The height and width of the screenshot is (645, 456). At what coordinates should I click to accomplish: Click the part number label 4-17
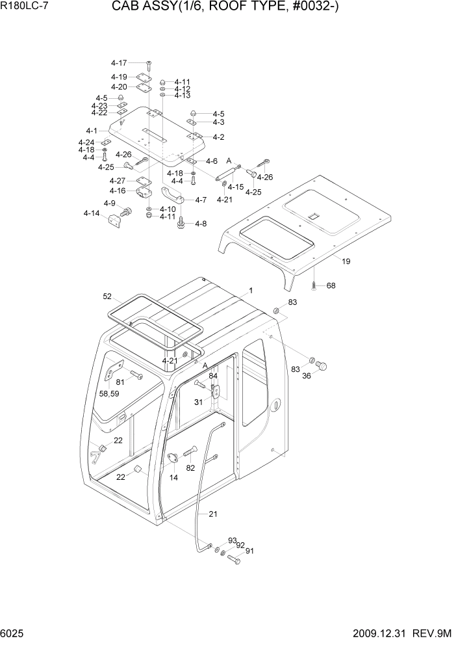tap(119, 63)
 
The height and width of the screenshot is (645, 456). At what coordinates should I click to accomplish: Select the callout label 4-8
tap(200, 224)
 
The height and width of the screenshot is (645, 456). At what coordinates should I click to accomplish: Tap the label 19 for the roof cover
tap(346, 261)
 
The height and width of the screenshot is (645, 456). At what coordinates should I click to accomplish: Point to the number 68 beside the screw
tap(331, 285)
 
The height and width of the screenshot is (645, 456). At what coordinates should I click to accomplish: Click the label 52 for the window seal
tap(108, 296)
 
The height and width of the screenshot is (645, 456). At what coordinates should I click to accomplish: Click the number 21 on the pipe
tap(213, 514)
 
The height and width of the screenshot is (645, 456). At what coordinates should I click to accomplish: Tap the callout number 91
tap(249, 551)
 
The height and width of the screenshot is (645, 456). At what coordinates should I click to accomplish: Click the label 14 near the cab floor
tap(174, 477)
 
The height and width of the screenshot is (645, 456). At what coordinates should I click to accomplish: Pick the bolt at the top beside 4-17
tap(149, 64)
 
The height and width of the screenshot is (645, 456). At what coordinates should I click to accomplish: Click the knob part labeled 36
tap(320, 365)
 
